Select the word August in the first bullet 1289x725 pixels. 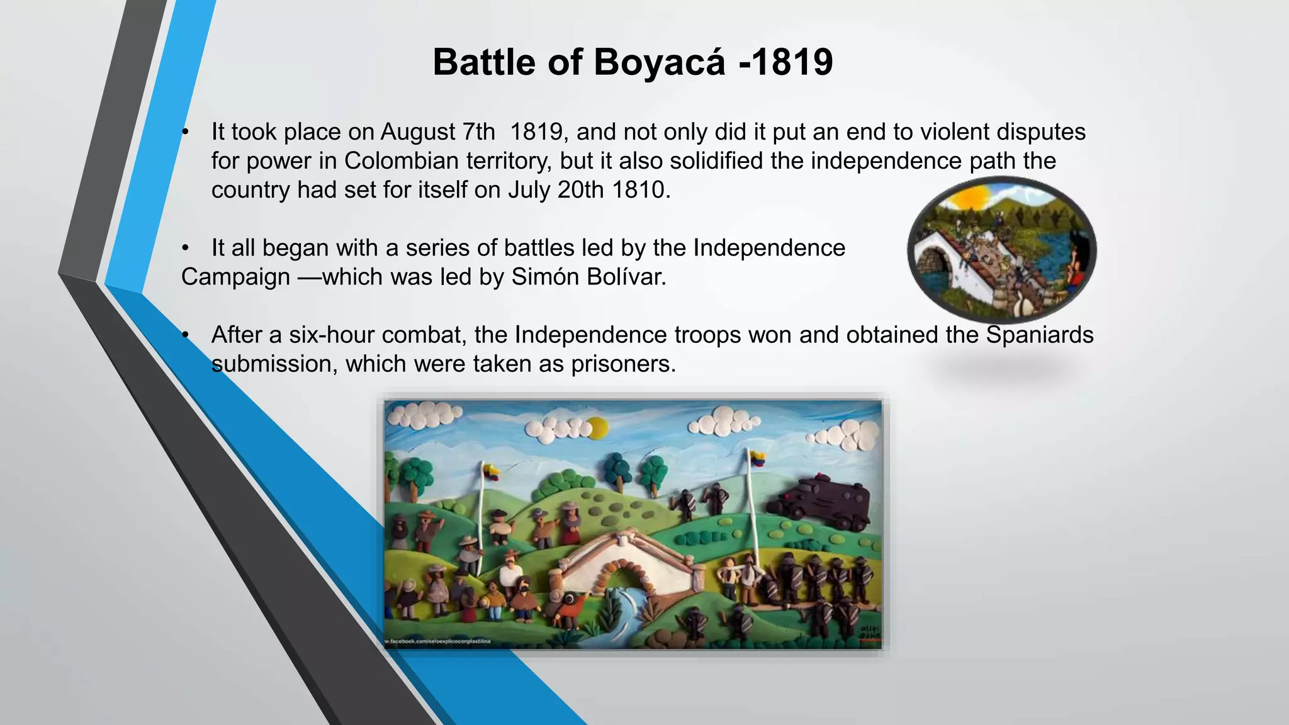(x=417, y=132)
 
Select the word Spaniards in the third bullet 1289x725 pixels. (x=1039, y=335)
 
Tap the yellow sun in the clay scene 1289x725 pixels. (x=597, y=429)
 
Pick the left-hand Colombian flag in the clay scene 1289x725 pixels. (x=491, y=470)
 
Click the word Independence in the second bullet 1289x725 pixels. (x=768, y=248)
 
